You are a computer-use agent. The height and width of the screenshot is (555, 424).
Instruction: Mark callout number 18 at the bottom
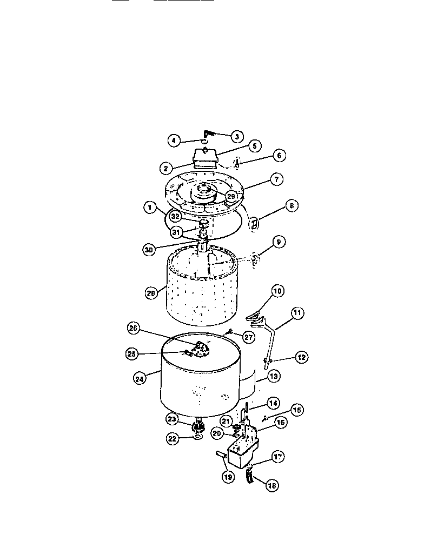271,485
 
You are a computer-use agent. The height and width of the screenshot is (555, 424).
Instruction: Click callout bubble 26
135,327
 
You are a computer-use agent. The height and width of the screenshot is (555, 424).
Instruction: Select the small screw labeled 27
230,332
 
